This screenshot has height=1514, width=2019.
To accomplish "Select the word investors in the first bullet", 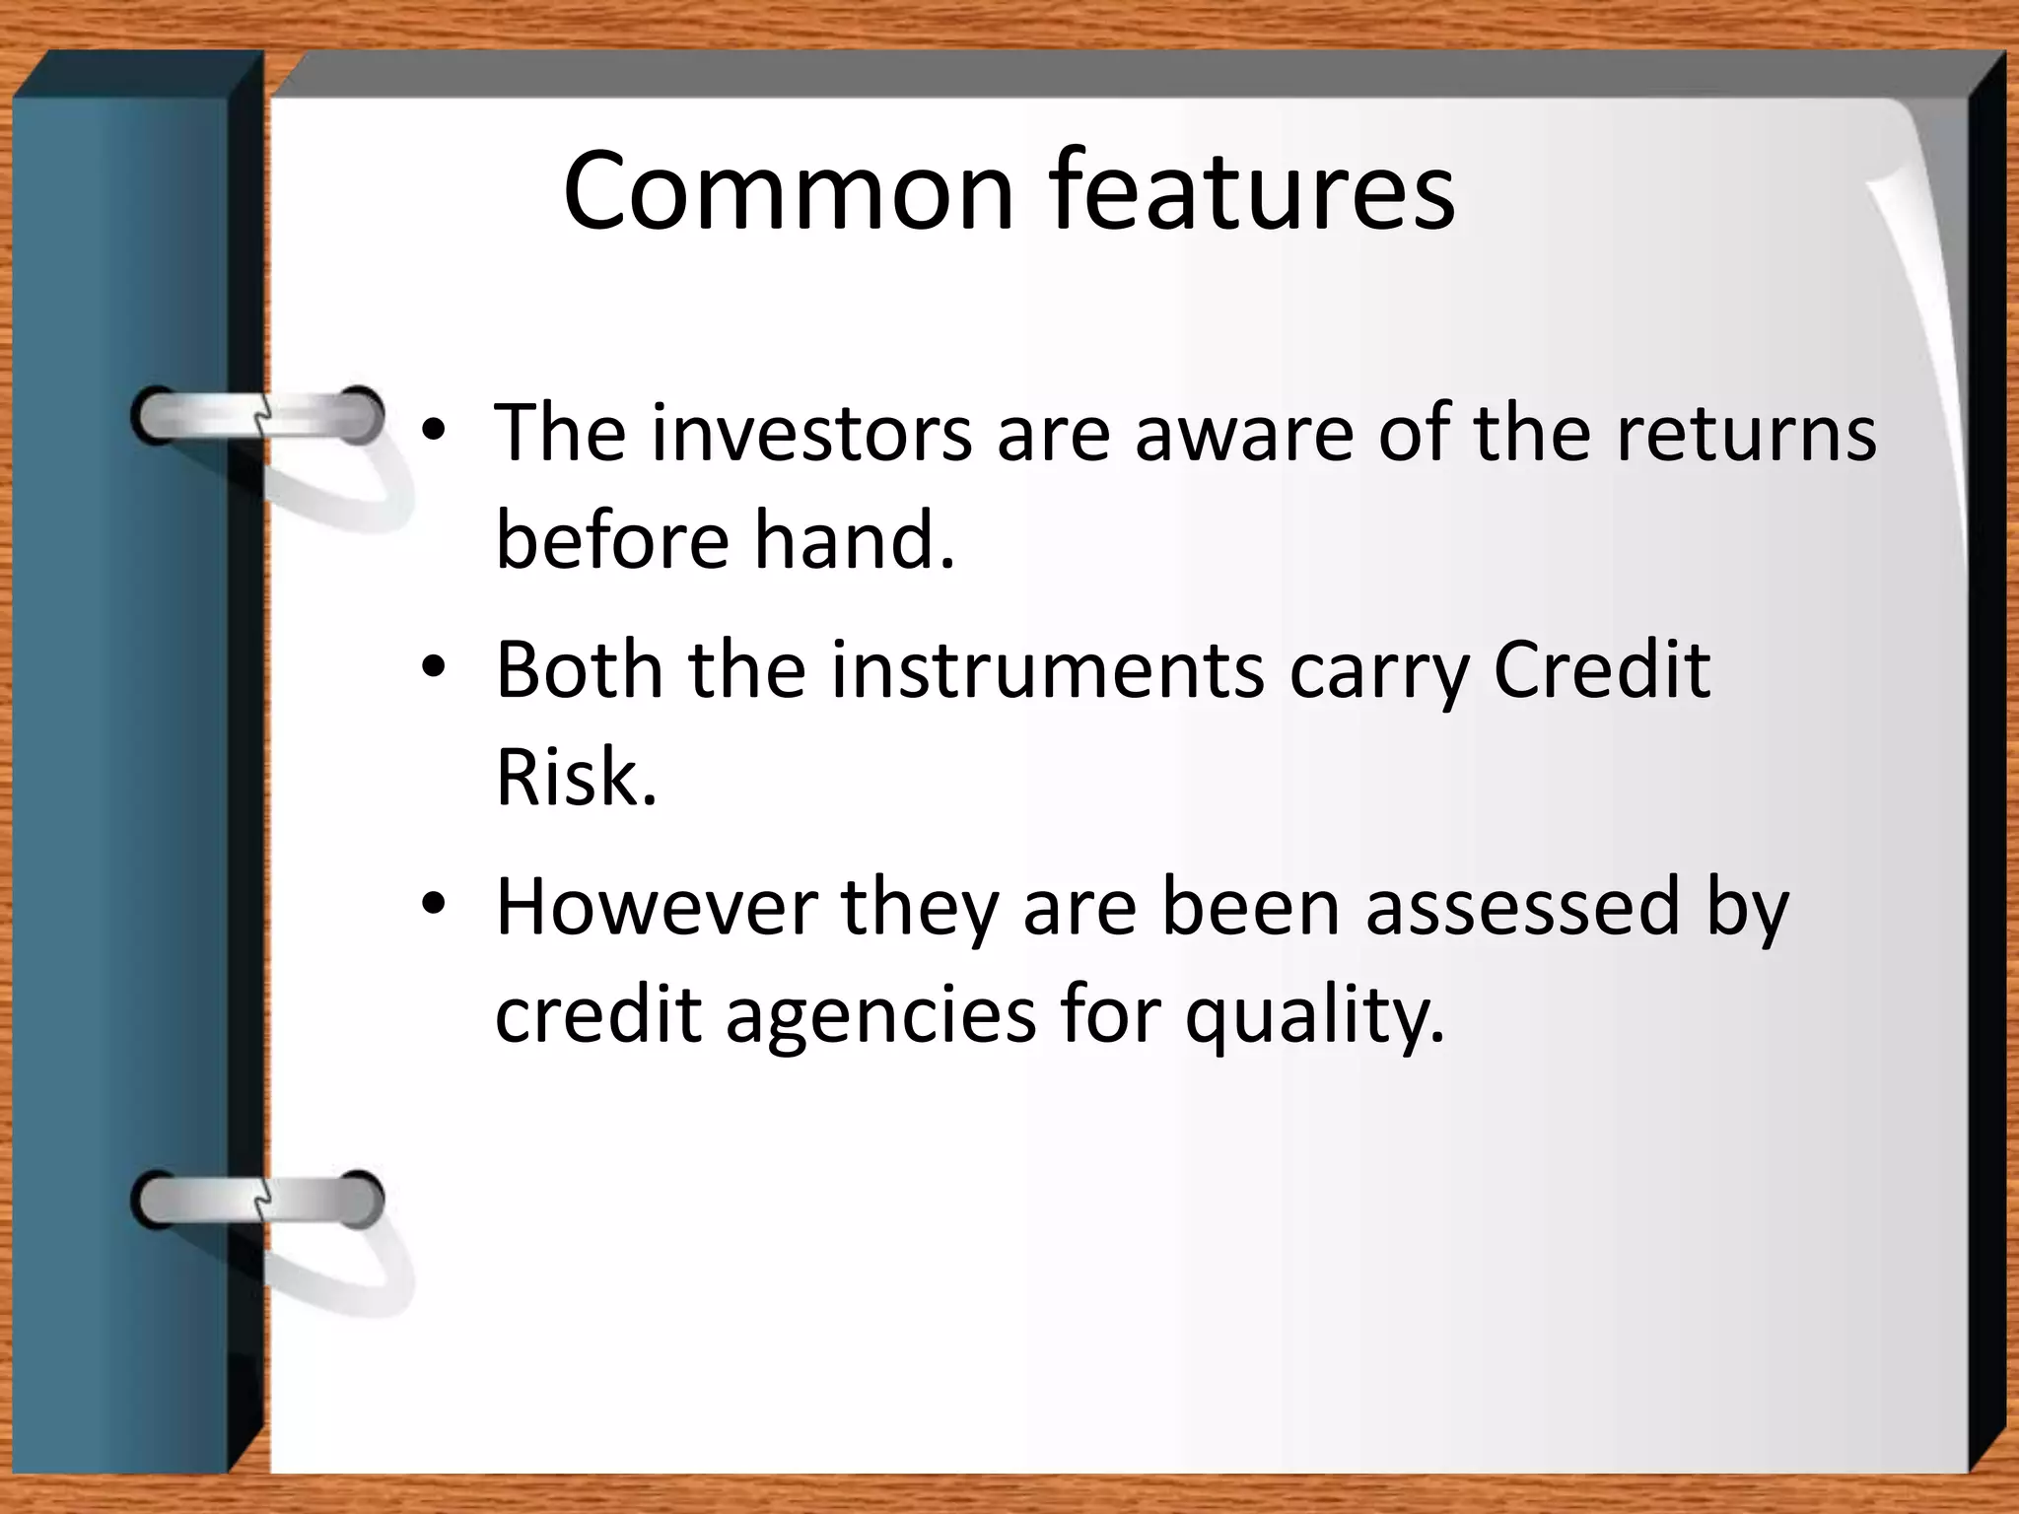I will [x=811, y=434].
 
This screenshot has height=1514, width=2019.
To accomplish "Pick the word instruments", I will [x=1048, y=671].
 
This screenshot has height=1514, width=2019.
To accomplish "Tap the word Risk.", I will [x=576, y=778].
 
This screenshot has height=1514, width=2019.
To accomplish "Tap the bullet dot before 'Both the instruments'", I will [x=434, y=669].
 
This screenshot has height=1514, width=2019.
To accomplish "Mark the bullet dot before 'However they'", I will [x=434, y=905].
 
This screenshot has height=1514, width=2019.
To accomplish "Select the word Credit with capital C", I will [x=1602, y=671].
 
